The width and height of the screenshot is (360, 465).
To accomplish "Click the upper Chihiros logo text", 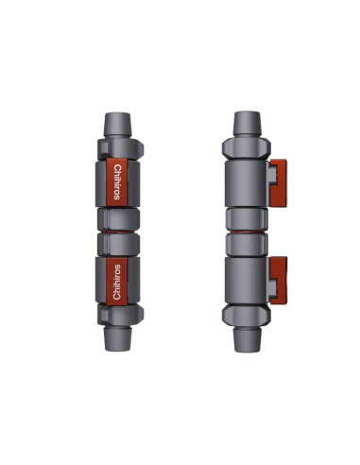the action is coord(117,182).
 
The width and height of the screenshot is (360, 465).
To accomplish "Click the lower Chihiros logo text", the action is coord(117,282).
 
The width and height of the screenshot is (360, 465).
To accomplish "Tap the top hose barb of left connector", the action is coord(117,125).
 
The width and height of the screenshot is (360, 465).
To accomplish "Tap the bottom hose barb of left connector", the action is coord(117,339).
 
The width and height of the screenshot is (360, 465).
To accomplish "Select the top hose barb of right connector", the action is coord(247,124).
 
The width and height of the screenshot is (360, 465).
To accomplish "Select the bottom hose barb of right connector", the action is coord(247,340).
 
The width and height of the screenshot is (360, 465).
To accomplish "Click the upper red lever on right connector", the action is coord(279,182).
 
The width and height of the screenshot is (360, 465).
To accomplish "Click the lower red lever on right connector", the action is coord(279,281).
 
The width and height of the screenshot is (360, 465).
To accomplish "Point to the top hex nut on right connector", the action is coord(247,148).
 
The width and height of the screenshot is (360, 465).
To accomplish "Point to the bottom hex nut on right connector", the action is coord(247,316).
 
